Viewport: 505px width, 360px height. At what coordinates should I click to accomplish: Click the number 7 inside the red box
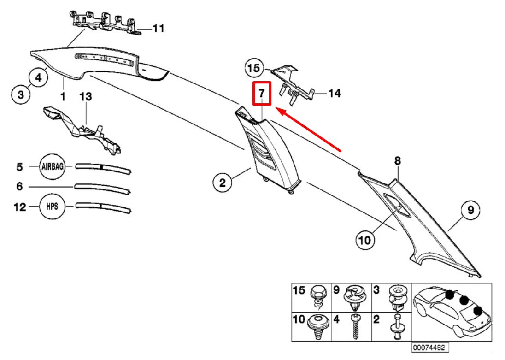(x=262, y=94)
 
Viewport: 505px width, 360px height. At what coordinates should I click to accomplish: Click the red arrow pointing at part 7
(x=309, y=129)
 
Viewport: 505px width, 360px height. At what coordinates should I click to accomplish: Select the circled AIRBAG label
(x=52, y=166)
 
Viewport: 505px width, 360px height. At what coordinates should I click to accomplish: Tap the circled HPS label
(x=52, y=207)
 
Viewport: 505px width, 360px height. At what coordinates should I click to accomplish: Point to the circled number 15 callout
(x=254, y=68)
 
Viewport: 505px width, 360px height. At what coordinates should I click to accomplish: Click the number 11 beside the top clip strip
(x=158, y=29)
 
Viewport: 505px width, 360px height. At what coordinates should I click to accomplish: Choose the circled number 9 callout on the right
(x=470, y=210)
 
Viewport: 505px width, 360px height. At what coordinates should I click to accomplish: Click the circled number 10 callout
(x=365, y=240)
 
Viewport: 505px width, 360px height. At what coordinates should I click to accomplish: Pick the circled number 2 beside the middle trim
(x=223, y=183)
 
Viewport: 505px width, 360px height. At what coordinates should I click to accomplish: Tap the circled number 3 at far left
(x=21, y=95)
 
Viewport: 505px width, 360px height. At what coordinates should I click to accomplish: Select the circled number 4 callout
(x=38, y=78)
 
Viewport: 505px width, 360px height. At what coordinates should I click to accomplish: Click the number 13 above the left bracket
(x=86, y=96)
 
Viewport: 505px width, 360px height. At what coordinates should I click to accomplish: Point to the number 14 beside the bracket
(x=335, y=93)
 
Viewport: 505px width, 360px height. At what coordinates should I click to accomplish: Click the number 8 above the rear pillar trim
(x=398, y=160)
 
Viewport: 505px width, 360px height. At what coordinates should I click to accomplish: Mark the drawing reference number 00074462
(x=430, y=348)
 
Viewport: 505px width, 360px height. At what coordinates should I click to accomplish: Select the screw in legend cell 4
(x=356, y=326)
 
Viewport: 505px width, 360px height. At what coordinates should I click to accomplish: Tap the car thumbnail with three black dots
(x=452, y=312)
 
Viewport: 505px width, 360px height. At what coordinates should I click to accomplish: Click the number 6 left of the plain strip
(x=20, y=186)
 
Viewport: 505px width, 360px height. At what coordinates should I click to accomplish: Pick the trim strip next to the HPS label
(x=103, y=207)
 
